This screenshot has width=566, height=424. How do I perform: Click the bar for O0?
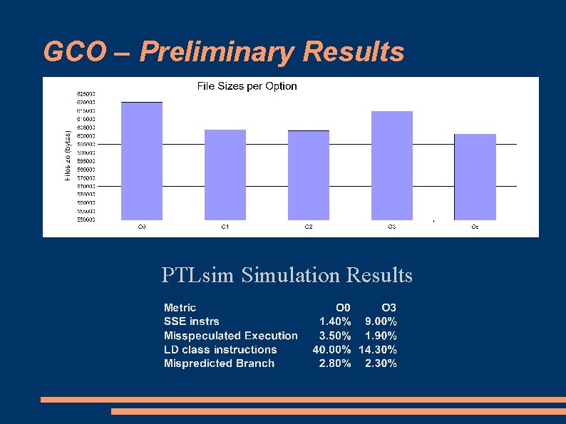(141, 160)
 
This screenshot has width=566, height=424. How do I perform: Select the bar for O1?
(225, 174)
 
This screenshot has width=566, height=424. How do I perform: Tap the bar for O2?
(308, 175)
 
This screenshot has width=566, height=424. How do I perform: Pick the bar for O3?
(392, 165)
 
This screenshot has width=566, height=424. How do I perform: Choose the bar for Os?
(475, 176)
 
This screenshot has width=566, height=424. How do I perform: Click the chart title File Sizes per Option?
(247, 86)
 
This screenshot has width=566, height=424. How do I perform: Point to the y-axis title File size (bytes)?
(68, 155)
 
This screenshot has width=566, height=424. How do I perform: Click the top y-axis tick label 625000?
(86, 93)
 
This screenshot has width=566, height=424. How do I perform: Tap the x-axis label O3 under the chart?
(392, 227)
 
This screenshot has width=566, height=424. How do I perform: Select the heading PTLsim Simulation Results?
(287, 274)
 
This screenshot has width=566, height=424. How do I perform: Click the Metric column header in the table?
(180, 308)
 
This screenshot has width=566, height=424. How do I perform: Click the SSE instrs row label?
(192, 321)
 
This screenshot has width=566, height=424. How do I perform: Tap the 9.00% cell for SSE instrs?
(381, 321)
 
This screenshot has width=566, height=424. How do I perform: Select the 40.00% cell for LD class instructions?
(331, 349)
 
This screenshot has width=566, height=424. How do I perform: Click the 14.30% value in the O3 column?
(377, 349)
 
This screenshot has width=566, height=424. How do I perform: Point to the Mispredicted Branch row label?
(219, 363)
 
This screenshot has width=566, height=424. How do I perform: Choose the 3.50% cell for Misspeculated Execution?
(334, 336)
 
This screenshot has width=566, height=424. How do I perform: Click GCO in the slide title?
(68, 51)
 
